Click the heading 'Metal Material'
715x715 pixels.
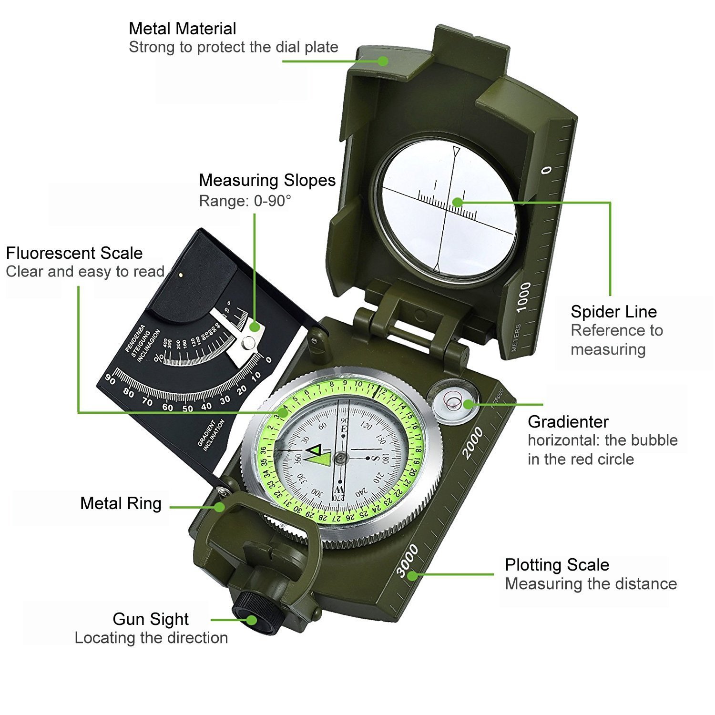pyautogui.click(x=182, y=29)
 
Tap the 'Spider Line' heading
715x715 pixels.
pyautogui.click(x=613, y=312)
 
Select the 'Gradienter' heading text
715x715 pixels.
pyautogui.click(x=568, y=422)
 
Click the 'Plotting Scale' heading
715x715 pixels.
pyautogui.click(x=557, y=565)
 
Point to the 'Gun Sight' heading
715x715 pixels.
pyautogui.click(x=151, y=619)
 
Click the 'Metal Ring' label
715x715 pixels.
pyautogui.click(x=121, y=503)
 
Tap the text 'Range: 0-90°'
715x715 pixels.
pyautogui.click(x=245, y=201)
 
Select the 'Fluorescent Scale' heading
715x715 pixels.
pyautogui.click(x=74, y=253)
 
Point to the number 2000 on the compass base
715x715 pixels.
pyautogui.click(x=473, y=443)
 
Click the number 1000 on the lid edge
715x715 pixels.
pyautogui.click(x=523, y=296)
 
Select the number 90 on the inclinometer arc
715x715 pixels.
pyautogui.click(x=110, y=379)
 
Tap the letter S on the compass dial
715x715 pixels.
pyautogui.click(x=375, y=458)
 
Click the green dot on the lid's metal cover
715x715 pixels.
pyautogui.click(x=382, y=61)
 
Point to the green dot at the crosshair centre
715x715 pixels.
pyautogui.click(x=457, y=202)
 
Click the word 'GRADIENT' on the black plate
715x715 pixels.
pyautogui.click(x=205, y=434)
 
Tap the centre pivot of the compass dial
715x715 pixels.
pyautogui.click(x=340, y=458)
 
